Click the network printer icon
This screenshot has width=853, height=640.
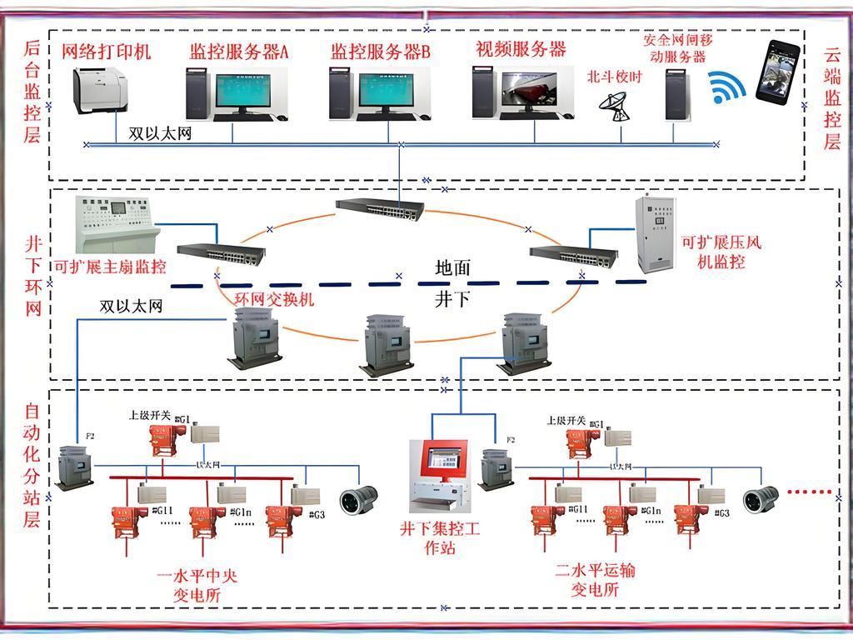pos(102,88)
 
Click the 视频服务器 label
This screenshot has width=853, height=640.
pos(521,49)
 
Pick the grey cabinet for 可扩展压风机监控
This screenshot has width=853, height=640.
pos(657,235)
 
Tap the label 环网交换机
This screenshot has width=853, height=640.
pos(274,298)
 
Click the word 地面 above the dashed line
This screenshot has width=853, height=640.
pos(453,268)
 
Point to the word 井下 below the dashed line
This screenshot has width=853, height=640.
pos(452,299)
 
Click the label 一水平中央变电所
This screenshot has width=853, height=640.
pos(197,585)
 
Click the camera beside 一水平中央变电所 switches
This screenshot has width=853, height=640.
pos(359,501)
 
